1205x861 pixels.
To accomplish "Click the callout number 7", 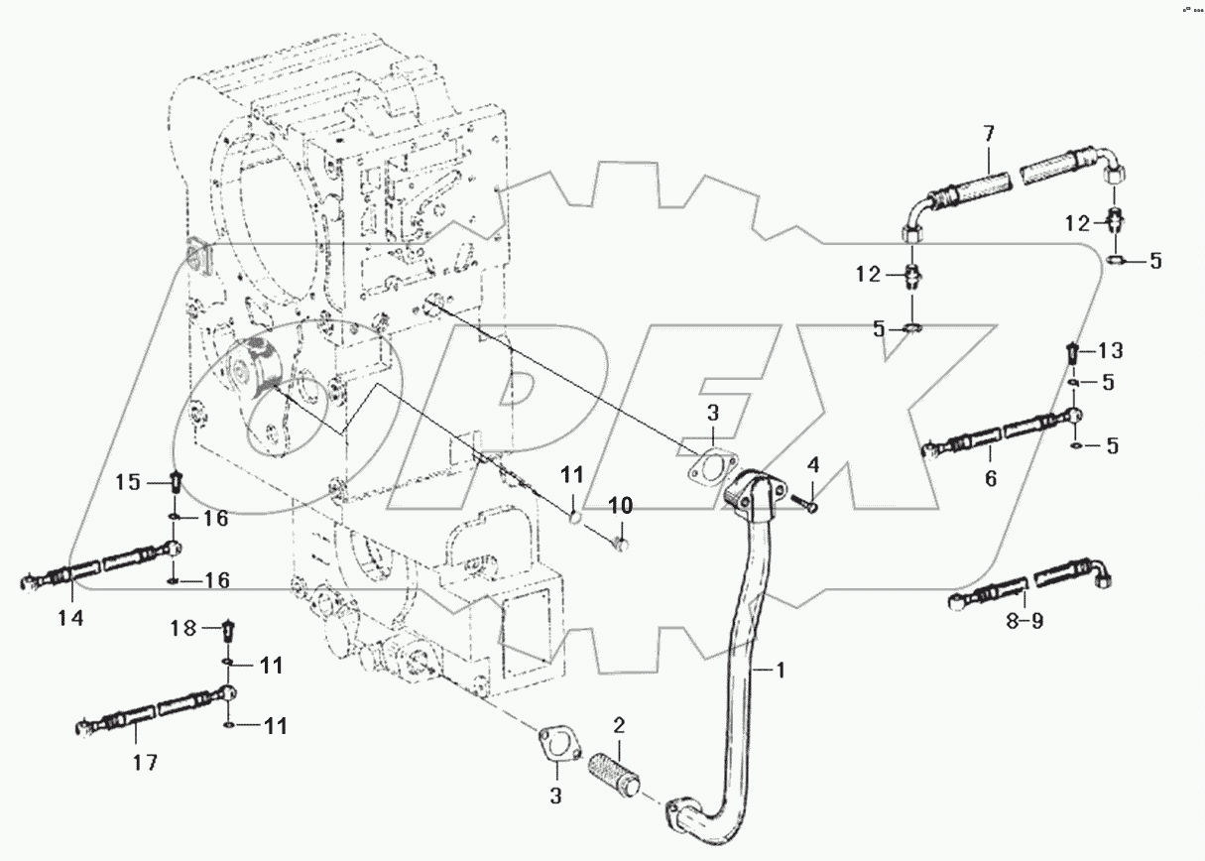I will [x=988, y=133].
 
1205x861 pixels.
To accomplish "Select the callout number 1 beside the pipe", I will [x=780, y=671].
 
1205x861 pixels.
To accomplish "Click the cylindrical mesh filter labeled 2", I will [x=618, y=771].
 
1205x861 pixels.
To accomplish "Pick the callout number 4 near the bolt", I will [x=813, y=463].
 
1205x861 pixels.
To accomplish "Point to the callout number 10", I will [x=620, y=507].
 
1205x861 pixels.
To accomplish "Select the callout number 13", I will [x=1111, y=350].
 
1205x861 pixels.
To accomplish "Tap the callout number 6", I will [x=991, y=478].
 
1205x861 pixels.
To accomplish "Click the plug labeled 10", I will [x=621, y=542].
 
